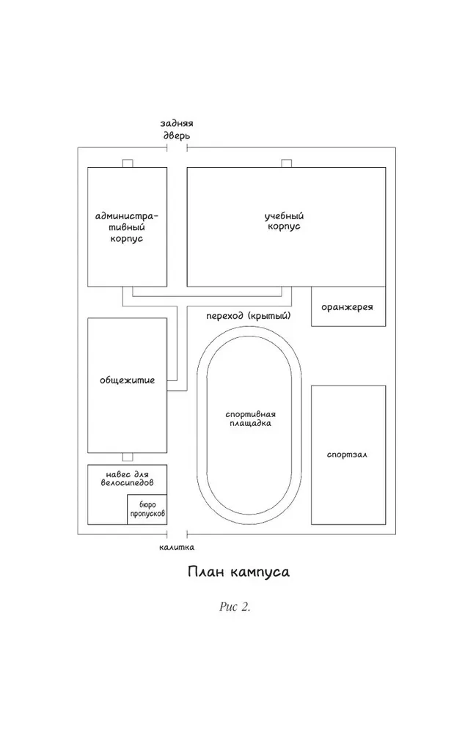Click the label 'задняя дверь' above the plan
point(177,130)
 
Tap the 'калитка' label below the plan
point(176,547)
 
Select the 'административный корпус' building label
point(127,227)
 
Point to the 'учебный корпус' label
point(284,221)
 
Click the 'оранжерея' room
point(348,306)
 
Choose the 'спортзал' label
point(347,454)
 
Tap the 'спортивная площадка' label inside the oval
point(251,419)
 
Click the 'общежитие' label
point(127,380)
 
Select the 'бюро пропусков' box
point(147,509)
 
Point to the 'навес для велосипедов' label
point(127,478)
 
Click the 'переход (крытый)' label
point(249,316)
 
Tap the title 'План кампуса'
point(238,572)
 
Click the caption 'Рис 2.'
point(235,607)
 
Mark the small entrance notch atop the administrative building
point(128,163)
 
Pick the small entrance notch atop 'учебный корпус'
point(287,163)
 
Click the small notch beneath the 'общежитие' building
point(128,457)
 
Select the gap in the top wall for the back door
point(177,148)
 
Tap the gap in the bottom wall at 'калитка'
point(177,534)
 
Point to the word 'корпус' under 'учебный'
point(285,226)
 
